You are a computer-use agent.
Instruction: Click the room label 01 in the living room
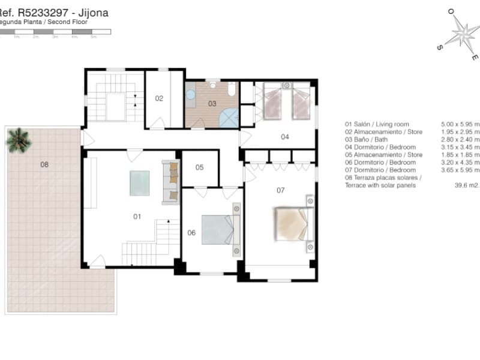(137, 217)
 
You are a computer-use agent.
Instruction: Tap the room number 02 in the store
(160, 98)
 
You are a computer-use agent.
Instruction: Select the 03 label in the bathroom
(212, 104)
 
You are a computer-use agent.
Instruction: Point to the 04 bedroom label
(285, 137)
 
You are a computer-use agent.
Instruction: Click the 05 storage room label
(199, 167)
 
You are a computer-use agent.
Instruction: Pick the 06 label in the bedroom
(191, 233)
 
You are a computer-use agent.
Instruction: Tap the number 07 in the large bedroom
(280, 190)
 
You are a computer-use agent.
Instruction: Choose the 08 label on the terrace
(44, 164)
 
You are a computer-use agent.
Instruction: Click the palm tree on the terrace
(18, 140)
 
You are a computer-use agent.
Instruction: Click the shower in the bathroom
(229, 118)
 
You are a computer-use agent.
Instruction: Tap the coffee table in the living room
(140, 183)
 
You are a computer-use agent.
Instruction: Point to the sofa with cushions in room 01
(170, 182)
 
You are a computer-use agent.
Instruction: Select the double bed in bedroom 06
(219, 229)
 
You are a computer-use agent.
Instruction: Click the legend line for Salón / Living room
(377, 125)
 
